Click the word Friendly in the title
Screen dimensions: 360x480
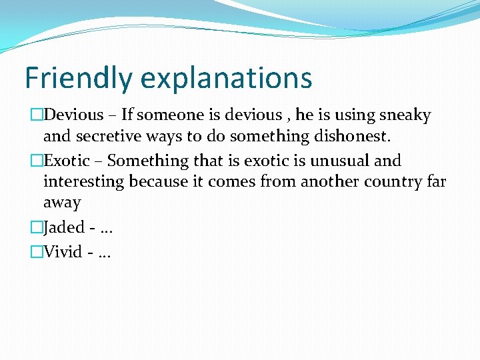tap(78, 78)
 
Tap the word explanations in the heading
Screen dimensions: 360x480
tap(227, 78)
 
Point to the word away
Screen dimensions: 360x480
tap(62, 203)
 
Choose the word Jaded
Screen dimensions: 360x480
tap(64, 227)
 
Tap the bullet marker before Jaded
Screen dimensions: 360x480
tap(36, 227)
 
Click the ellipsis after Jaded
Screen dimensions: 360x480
tap(105, 229)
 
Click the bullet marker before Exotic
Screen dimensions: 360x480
tap(36, 161)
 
